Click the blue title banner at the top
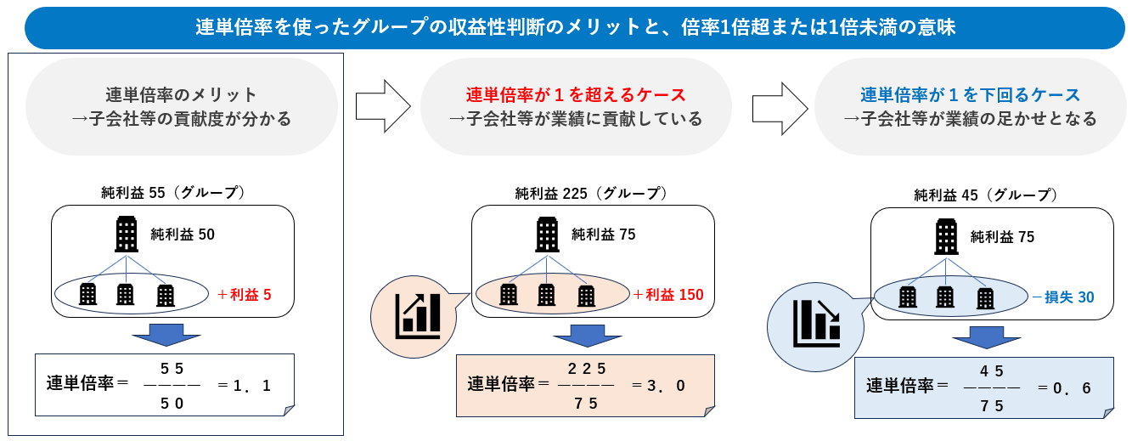[x=566, y=27]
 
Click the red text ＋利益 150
[x=668, y=295]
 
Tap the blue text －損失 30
[x=1062, y=297]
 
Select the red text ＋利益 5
[x=245, y=295]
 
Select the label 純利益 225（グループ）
[x=591, y=193]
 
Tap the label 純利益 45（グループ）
[x=986, y=195]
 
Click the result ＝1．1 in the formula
[x=245, y=386]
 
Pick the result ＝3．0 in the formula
[x=660, y=386]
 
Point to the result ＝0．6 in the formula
[x=1065, y=387]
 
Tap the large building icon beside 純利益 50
[x=127, y=234]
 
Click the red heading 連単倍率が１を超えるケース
[x=576, y=93]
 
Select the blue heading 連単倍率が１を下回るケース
[x=970, y=93]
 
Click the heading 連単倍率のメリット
[x=181, y=93]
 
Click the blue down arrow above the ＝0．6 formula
[x=985, y=336]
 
